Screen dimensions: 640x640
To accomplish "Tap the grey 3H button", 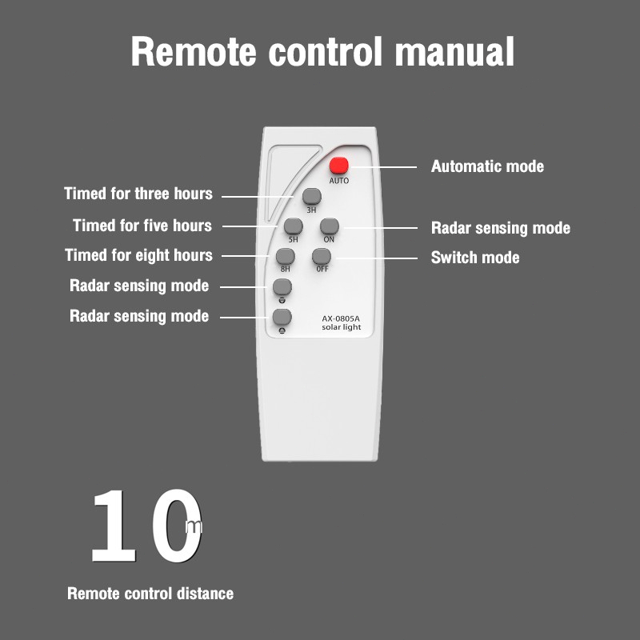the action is [312, 196].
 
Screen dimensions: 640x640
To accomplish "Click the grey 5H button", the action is [294, 226].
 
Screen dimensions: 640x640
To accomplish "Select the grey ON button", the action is [330, 226].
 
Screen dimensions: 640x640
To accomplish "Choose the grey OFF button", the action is [322, 256].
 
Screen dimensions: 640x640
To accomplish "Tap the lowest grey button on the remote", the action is [282, 317].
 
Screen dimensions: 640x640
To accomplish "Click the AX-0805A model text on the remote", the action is [341, 318].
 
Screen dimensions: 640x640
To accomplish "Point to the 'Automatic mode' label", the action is [487, 166].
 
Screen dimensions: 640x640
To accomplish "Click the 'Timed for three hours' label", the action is [138, 194].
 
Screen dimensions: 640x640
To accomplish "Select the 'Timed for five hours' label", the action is [142, 226].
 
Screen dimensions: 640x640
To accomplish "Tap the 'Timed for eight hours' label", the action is [138, 255].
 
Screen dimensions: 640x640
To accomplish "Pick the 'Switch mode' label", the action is [475, 258].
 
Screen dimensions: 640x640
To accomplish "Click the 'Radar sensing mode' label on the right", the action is [501, 228].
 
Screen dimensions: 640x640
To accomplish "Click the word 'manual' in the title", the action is [454, 51].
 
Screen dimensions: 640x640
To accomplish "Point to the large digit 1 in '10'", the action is [114, 526].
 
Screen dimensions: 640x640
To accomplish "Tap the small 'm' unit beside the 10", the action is [194, 527].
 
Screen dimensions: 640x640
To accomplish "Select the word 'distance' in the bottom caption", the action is [206, 594].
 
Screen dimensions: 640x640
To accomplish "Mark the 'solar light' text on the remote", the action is [342, 327].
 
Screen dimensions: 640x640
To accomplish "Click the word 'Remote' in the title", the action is [194, 51].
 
